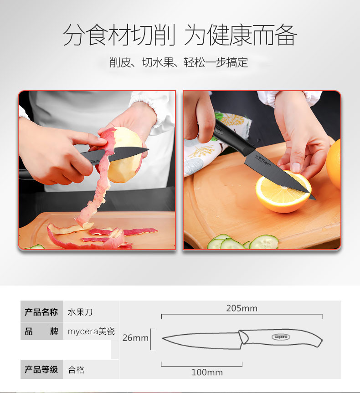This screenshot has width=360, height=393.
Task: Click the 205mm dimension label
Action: [242, 308]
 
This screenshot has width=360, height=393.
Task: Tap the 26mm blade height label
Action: [135, 338]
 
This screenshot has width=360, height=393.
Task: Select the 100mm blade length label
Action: [207, 372]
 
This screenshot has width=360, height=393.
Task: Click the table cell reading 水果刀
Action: [80, 312]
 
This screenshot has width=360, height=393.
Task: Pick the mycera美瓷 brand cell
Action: [91, 332]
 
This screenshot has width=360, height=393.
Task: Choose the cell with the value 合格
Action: [76, 370]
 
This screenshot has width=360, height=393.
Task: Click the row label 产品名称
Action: [41, 312]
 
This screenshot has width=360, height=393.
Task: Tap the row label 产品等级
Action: [41, 369]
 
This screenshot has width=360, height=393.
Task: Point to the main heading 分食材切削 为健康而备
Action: [180, 35]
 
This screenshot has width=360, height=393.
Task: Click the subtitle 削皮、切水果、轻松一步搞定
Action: [179, 62]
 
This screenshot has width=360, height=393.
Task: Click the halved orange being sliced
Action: [283, 191]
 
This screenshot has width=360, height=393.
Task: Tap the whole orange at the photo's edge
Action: [334, 164]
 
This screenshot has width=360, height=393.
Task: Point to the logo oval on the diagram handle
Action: [281, 337]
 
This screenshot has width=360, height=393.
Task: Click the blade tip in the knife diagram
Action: [163, 339]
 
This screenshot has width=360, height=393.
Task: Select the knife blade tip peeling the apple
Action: [149, 150]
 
